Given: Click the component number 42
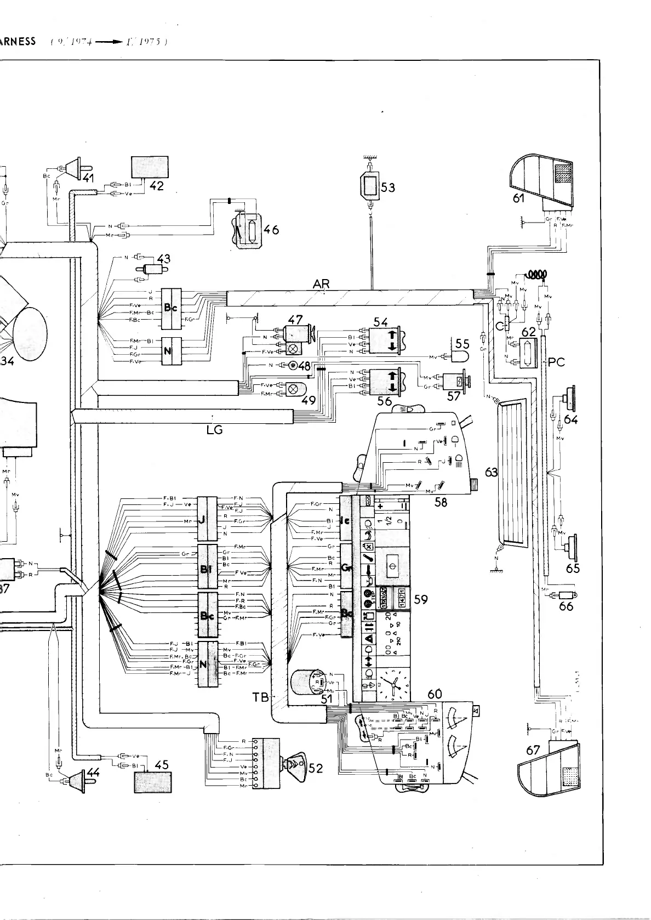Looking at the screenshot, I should pyautogui.click(x=157, y=186).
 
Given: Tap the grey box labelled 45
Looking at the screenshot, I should pyautogui.click(x=153, y=782).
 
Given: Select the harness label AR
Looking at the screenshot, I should pyautogui.click(x=321, y=284).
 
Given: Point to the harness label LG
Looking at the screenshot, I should pyautogui.click(x=215, y=430).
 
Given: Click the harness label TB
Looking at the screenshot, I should pyautogui.click(x=261, y=697).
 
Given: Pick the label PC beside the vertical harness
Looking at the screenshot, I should pyautogui.click(x=556, y=362).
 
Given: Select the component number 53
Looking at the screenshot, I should pyautogui.click(x=388, y=188).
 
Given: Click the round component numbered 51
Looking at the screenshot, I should pyautogui.click(x=307, y=683).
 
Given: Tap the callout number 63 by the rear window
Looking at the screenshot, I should pyautogui.click(x=492, y=472).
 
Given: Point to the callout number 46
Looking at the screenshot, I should pyautogui.click(x=271, y=230).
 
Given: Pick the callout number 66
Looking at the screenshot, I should pyautogui.click(x=566, y=606).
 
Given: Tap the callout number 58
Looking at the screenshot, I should pyautogui.click(x=441, y=501).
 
